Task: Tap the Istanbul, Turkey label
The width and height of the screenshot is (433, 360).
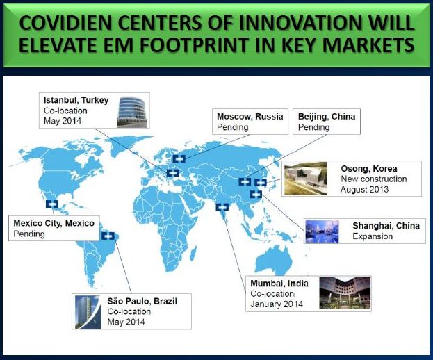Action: tap(76, 100)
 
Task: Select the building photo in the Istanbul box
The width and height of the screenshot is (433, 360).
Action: tap(132, 111)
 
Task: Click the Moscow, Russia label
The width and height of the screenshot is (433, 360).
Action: tap(250, 117)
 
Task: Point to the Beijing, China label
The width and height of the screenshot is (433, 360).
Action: tap(327, 117)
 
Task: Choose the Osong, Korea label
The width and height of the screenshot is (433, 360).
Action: tap(369, 168)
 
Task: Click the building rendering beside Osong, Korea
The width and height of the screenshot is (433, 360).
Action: tap(306, 179)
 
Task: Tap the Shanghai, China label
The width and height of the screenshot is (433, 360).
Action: tap(386, 226)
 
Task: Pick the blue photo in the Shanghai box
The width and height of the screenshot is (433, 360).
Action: tap(322, 231)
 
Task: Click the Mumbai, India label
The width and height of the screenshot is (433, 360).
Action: tap(279, 284)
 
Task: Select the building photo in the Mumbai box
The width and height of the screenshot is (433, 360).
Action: tap(345, 293)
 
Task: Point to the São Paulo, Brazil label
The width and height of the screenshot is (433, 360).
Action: tap(142, 301)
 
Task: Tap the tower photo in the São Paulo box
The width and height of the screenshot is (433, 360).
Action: tap(88, 312)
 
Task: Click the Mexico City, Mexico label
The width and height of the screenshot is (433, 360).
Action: tap(54, 223)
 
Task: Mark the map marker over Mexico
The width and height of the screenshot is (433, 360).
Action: tap(52, 204)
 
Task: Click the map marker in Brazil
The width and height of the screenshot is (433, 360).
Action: tap(108, 236)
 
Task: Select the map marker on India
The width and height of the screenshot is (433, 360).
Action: tap(222, 207)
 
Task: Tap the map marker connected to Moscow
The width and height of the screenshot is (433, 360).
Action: tap(179, 158)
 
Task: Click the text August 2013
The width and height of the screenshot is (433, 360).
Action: tap(364, 190)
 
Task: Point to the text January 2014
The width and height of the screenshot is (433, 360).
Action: tap(277, 304)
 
